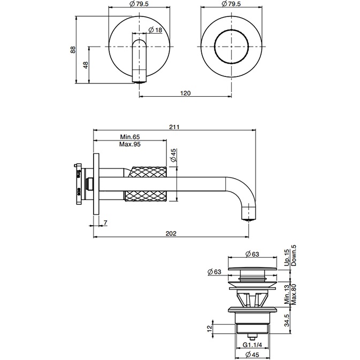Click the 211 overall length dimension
pyautogui.click(x=174, y=127)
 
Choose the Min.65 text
pyautogui.click(x=129, y=137)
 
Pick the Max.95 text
pyautogui.click(x=129, y=145)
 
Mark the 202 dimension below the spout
pyautogui.click(x=171, y=233)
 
